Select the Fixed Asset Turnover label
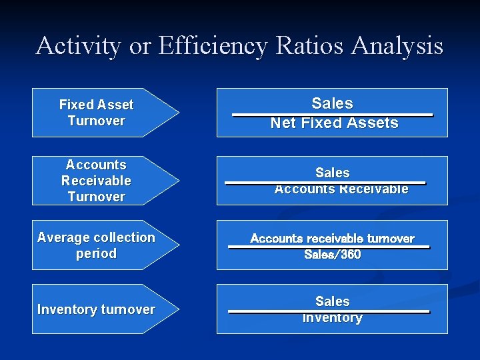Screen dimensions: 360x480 (96, 113)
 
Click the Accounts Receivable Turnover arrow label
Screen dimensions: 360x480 (96, 181)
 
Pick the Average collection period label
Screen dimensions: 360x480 (96, 245)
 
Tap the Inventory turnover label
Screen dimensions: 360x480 (96, 309)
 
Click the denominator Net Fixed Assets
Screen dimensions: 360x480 (334, 123)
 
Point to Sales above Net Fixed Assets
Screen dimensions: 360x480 (332, 103)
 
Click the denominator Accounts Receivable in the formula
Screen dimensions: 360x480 (341, 189)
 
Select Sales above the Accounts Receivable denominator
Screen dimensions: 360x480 (332, 173)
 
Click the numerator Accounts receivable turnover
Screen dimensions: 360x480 (332, 239)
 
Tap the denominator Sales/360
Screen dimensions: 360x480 (332, 255)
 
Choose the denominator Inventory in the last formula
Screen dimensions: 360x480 (332, 319)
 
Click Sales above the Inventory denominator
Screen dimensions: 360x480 (332, 301)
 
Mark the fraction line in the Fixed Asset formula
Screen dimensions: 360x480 (332, 115)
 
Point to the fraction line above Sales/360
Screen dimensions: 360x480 (329, 247)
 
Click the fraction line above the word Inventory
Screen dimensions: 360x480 (329, 311)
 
